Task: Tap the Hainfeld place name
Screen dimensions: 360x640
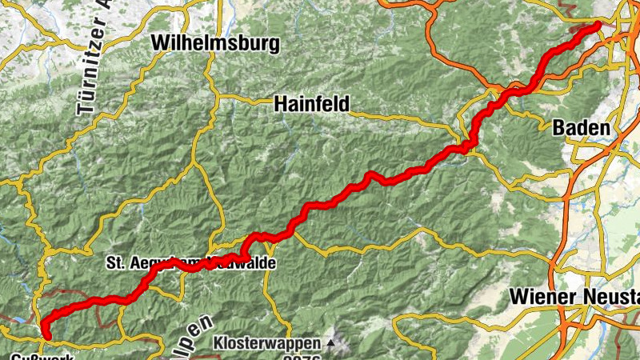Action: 311,103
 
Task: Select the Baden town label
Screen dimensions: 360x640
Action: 581,127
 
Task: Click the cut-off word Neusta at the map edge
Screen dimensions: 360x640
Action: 611,298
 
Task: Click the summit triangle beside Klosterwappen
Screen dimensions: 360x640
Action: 331,344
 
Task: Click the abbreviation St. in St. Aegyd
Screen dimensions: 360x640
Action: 115,262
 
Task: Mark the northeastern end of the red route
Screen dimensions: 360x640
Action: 597,26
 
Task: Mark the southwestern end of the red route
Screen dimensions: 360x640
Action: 44,334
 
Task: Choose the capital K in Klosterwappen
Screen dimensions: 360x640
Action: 218,343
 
